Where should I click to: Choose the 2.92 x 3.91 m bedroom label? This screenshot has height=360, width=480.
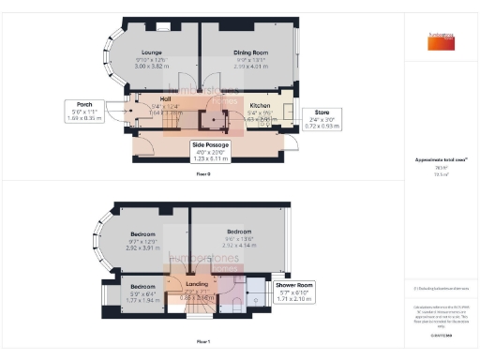[x=142, y=240]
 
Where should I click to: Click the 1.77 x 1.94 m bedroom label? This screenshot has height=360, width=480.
[x=142, y=292]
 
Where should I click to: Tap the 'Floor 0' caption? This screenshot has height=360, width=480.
[x=203, y=174]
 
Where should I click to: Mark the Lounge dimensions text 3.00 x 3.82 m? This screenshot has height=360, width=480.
[x=152, y=67]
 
